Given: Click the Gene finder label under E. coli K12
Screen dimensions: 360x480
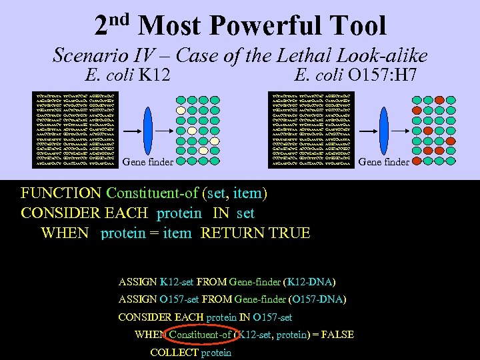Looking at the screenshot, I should click(x=149, y=161).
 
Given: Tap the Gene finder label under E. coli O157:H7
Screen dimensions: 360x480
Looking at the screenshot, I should click(x=384, y=161).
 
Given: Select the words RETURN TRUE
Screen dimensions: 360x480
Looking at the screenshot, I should click(x=255, y=233).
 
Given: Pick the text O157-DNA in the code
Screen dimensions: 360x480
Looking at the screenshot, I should click(x=318, y=299).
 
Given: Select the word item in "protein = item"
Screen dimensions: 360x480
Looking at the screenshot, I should click(x=176, y=233).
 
